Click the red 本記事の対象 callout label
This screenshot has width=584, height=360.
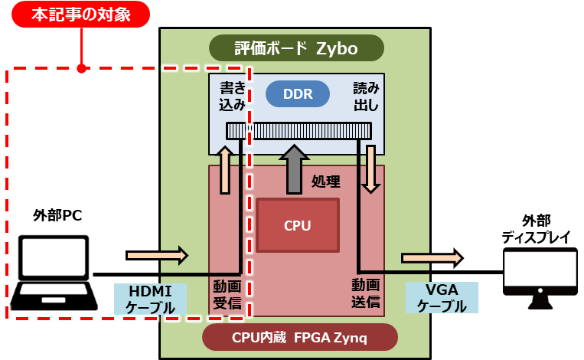click(x=80, y=15)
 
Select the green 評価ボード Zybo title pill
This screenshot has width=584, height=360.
click(x=295, y=48)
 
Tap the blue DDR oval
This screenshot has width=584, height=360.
click(x=297, y=94)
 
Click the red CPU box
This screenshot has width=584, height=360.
click(x=297, y=225)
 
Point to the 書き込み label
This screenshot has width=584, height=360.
click(x=232, y=97)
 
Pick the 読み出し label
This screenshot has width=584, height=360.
click(x=365, y=97)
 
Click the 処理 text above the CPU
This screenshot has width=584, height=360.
click(x=326, y=182)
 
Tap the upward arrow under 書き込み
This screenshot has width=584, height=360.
click(x=225, y=169)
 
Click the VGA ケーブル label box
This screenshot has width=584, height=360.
click(x=442, y=298)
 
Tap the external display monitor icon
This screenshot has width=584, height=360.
click(x=540, y=277)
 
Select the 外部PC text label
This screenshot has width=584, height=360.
click(x=57, y=216)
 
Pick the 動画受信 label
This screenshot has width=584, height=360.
click(x=227, y=294)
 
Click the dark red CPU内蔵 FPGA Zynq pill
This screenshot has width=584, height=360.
click(x=300, y=337)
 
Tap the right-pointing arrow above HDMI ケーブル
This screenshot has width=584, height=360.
click(x=156, y=254)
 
